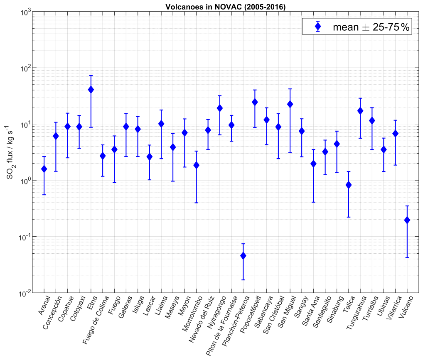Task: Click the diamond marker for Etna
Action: [x=91, y=90]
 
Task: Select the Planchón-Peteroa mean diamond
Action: [x=243, y=256]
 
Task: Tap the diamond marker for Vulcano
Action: [x=407, y=220]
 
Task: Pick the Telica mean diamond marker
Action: [x=349, y=185]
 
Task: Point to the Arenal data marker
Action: [x=44, y=169]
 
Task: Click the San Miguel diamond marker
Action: [x=290, y=104]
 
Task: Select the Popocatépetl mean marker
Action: [x=255, y=102]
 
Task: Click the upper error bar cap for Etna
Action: [x=91, y=76]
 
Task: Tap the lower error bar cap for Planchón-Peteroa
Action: [x=243, y=280]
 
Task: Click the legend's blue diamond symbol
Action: [x=318, y=27]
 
